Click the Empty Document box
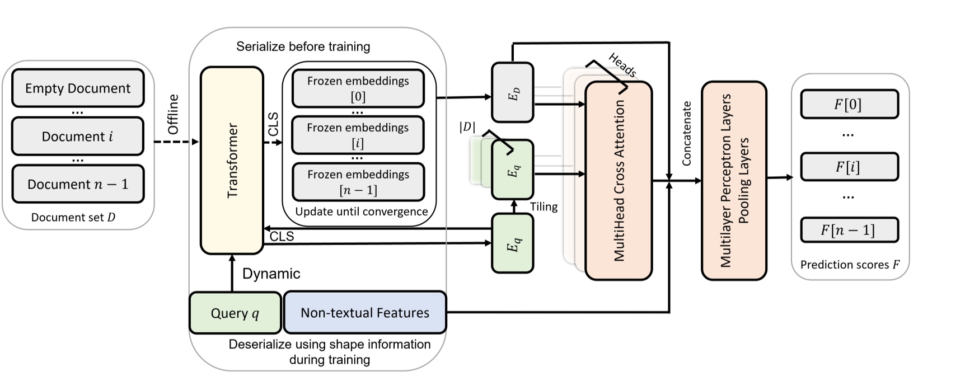coord(78,88)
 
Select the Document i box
coord(78,136)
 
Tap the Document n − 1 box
coord(78,184)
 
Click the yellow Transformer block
coord(232,160)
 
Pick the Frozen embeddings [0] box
coord(358,88)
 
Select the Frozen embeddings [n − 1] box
coord(358,182)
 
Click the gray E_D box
coord(512,92)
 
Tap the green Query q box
coord(235,313)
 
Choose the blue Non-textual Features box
coord(365,312)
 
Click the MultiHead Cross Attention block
coord(618,180)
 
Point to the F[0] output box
coord(849,104)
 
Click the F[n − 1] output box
coord(849,230)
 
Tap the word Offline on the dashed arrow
coord(173,114)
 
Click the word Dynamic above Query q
coord(271,274)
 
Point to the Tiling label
coord(544,206)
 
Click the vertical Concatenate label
coord(686,133)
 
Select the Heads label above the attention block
coord(622,65)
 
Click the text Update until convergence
coord(361,211)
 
